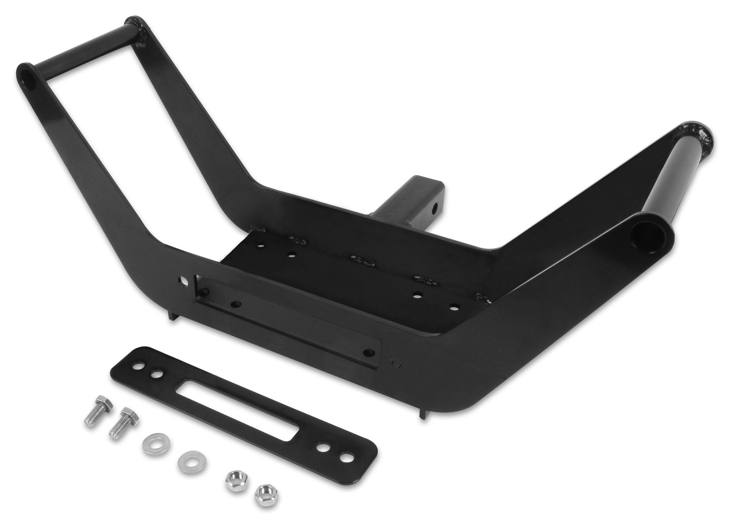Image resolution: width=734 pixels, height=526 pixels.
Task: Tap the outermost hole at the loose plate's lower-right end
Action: [346, 459]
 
